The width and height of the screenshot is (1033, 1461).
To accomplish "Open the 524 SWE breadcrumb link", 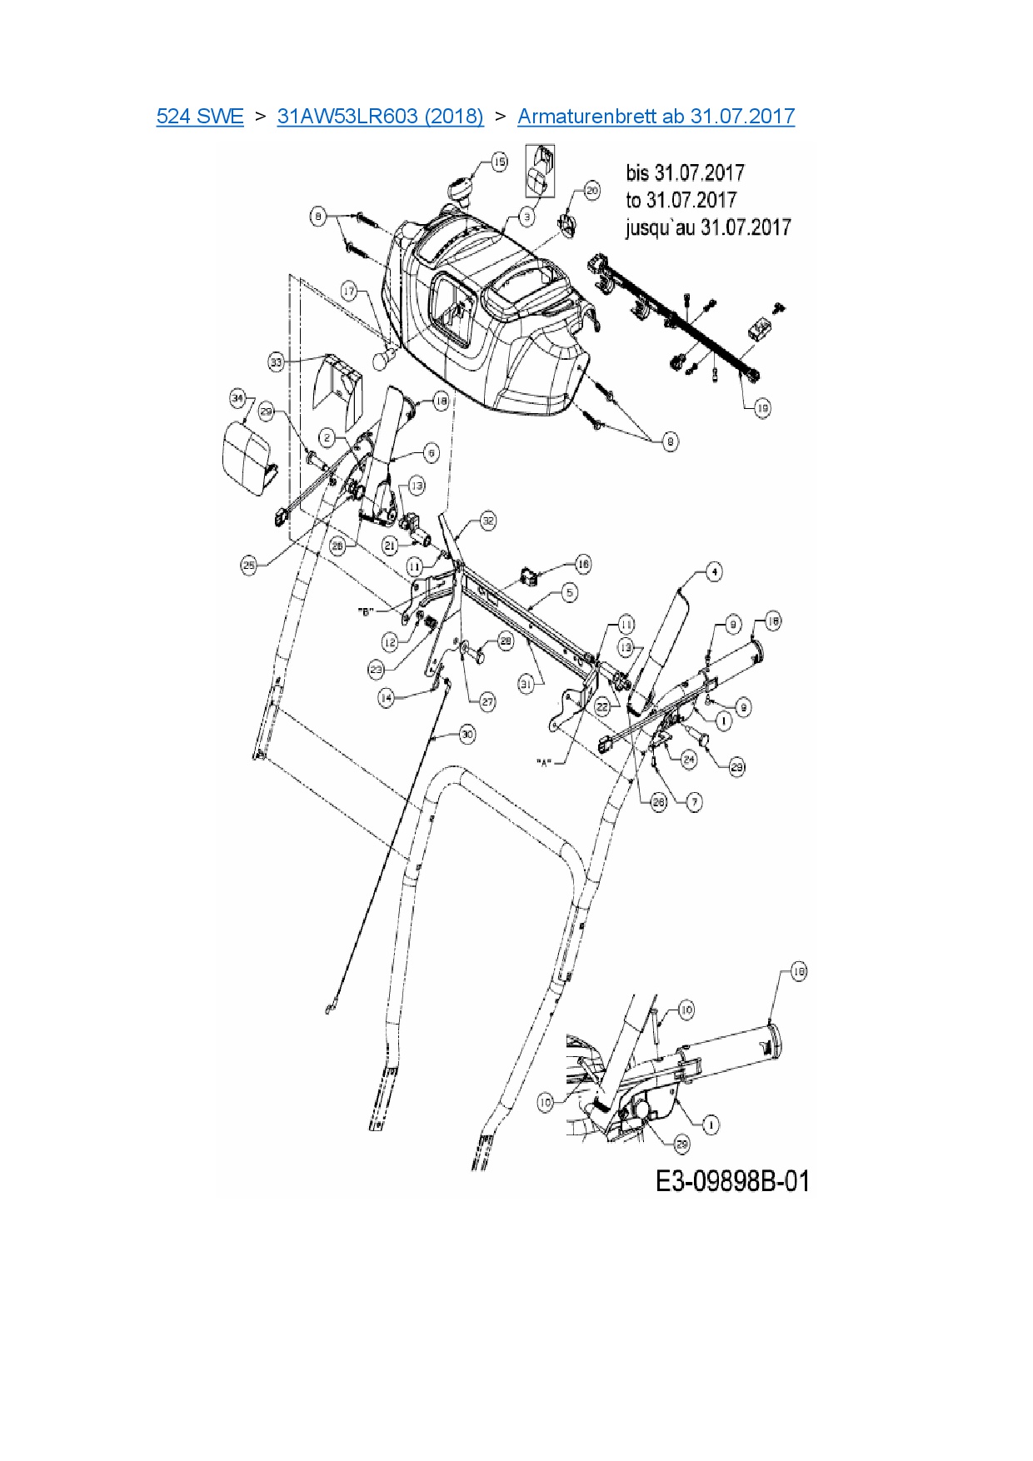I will [x=200, y=117].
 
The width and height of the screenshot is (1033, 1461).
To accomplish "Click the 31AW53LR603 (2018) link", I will [x=380, y=117].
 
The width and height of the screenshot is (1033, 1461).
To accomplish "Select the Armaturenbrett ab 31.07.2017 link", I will [x=656, y=117].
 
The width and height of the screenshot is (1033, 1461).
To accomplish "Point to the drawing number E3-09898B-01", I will [x=732, y=1181].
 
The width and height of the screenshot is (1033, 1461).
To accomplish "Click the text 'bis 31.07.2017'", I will [x=685, y=173].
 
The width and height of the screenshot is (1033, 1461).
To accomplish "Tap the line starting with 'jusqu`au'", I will [x=707, y=227].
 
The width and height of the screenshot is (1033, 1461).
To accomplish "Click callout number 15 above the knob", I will [x=499, y=162].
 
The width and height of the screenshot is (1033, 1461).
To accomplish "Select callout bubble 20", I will [x=591, y=190].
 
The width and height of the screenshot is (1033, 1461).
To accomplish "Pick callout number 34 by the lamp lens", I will [x=238, y=399].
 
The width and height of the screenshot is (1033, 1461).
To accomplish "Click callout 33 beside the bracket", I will [x=277, y=362].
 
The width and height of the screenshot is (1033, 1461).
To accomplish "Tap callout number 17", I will [x=349, y=291].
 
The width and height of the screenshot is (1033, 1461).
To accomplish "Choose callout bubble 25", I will [x=248, y=565].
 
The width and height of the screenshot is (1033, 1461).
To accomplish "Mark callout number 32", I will [x=488, y=521].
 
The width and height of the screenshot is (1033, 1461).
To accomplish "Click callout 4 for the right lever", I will [x=713, y=571].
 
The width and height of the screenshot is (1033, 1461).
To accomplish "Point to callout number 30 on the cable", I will [x=467, y=734].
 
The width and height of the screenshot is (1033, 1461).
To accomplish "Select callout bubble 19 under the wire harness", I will [x=762, y=407].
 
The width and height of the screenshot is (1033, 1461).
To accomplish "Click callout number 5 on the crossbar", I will [x=569, y=592].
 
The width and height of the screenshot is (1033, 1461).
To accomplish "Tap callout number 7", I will [x=694, y=801].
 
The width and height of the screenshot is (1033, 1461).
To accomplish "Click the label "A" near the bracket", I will [x=545, y=761].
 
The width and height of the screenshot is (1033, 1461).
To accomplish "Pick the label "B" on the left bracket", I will [x=364, y=611].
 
